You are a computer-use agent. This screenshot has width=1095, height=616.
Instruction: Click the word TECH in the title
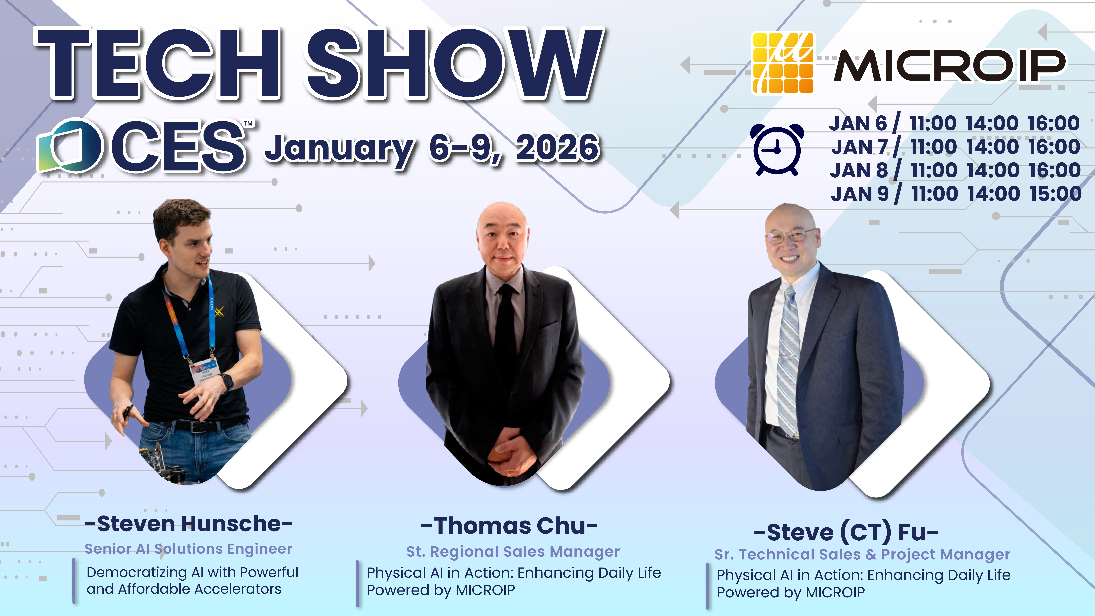tap(157, 64)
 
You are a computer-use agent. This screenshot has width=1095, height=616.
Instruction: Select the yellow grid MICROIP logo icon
tap(783, 63)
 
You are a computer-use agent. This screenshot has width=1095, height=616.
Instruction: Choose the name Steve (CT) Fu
tap(846, 532)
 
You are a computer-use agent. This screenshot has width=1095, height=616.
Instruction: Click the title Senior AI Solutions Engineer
tap(188, 549)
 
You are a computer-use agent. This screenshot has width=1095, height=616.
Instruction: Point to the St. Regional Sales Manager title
tap(513, 551)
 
